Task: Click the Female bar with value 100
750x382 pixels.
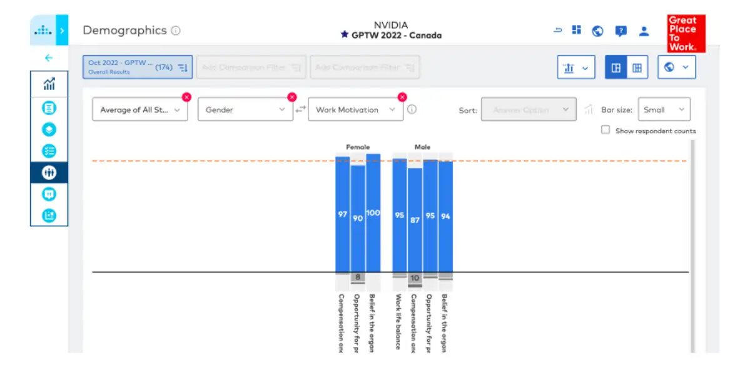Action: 373,213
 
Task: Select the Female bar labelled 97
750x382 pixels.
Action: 342,214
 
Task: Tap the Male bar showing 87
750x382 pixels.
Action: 415,220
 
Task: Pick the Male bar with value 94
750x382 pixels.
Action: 445,216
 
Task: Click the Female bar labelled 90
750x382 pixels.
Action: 358,218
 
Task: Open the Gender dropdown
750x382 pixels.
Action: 245,109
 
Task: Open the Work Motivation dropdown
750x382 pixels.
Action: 355,109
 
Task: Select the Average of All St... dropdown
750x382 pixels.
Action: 139,109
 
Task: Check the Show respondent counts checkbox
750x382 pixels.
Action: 606,130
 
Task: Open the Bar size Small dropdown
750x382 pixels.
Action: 664,109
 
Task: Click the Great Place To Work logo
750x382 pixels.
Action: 686,33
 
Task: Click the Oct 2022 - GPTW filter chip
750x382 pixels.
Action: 138,67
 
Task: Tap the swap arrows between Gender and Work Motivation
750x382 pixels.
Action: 301,109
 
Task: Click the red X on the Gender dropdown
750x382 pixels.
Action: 291,97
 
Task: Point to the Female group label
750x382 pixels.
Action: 358,147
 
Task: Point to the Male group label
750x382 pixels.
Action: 422,147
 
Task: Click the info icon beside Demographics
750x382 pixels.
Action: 176,31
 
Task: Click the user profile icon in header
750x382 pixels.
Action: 644,31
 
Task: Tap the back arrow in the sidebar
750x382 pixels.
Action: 49,58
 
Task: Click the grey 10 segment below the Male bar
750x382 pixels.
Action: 415,278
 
